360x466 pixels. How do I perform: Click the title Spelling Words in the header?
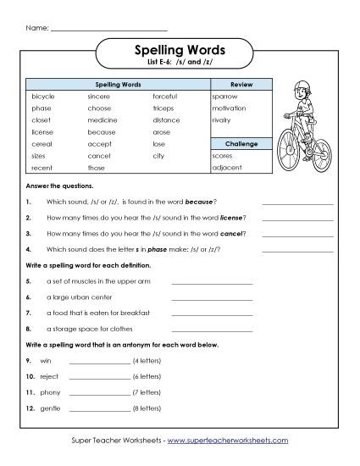(x=180, y=51)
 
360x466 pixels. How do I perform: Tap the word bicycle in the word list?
(x=42, y=97)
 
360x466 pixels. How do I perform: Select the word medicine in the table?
(x=102, y=120)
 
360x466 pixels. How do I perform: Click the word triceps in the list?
(x=163, y=108)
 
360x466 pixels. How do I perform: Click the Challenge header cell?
(x=241, y=144)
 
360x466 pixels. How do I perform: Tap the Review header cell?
(x=241, y=85)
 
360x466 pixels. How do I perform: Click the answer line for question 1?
(x=297, y=203)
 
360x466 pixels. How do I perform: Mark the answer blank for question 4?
(x=297, y=250)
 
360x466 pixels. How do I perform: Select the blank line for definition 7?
(x=212, y=313)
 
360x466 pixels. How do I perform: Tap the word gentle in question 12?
(x=50, y=408)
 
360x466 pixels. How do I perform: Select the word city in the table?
(x=158, y=156)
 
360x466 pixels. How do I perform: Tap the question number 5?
(x=28, y=280)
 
